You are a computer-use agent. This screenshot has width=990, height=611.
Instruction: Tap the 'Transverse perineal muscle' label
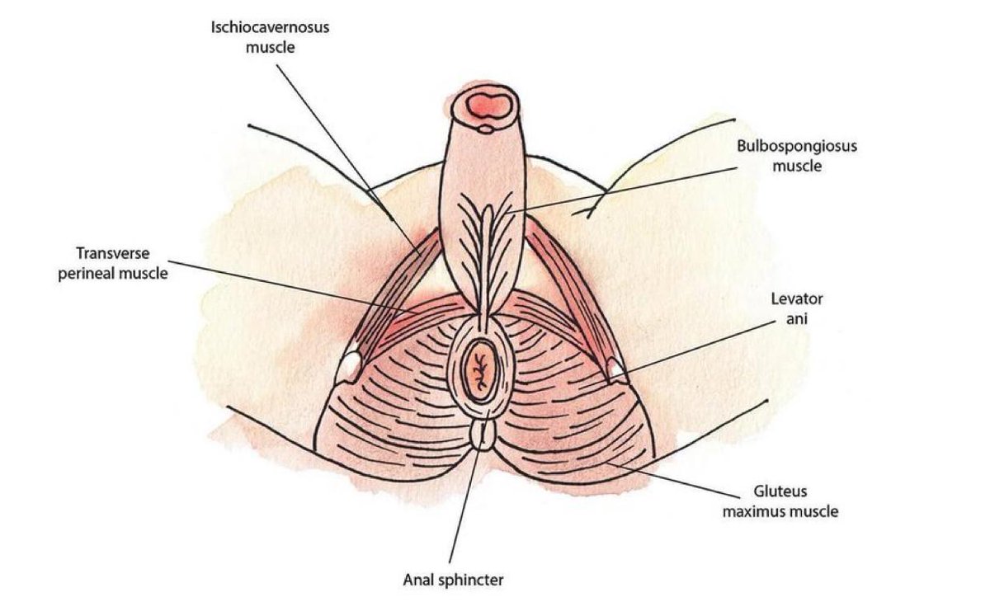pyautogui.click(x=113, y=262)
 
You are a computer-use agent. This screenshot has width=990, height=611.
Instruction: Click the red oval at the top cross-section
pyautogui.click(x=487, y=104)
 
